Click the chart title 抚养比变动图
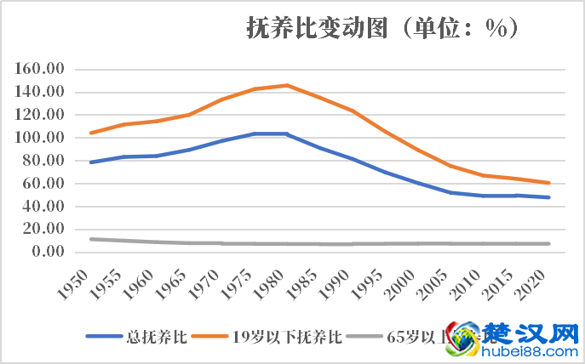click(x=316, y=29)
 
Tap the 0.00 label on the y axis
click(x=48, y=252)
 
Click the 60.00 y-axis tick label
click(x=44, y=184)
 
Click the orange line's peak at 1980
click(x=287, y=85)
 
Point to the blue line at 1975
click(x=255, y=134)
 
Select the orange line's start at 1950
click(x=91, y=133)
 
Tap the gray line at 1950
click(x=91, y=239)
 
